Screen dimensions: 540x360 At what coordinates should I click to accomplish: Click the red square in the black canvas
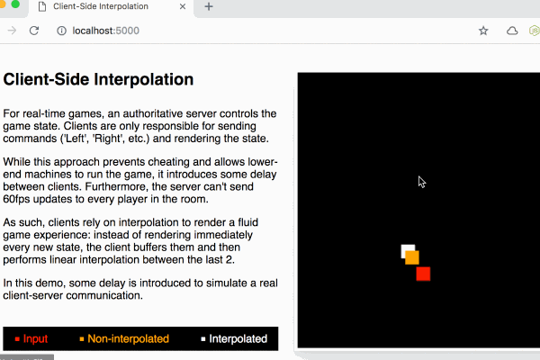(x=423, y=274)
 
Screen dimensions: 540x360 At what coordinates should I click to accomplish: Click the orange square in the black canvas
(x=412, y=257)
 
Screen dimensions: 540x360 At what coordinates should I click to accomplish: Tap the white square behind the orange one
(x=407, y=249)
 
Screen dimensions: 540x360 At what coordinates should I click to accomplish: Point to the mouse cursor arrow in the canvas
(x=422, y=182)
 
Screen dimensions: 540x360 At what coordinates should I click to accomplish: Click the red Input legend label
(x=35, y=338)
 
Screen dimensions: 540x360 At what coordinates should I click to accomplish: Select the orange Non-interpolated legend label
(x=128, y=338)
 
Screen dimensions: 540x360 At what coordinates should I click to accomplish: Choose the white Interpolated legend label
(x=238, y=338)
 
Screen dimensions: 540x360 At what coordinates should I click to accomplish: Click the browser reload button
(x=34, y=31)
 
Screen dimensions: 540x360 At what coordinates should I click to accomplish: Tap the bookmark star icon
(x=483, y=31)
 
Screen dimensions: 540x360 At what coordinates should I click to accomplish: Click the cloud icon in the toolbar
(x=512, y=31)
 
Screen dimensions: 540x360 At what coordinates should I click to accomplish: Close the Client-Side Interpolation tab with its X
(x=183, y=6)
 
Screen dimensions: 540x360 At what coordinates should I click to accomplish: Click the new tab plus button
(x=209, y=6)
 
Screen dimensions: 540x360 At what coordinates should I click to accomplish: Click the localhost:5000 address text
(x=105, y=31)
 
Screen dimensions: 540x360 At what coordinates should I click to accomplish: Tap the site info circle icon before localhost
(x=61, y=31)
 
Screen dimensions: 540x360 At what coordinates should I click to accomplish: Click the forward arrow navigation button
(x=12, y=31)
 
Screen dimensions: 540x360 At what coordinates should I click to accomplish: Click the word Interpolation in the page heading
(x=144, y=79)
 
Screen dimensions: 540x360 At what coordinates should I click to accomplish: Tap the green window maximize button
(x=15, y=4)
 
